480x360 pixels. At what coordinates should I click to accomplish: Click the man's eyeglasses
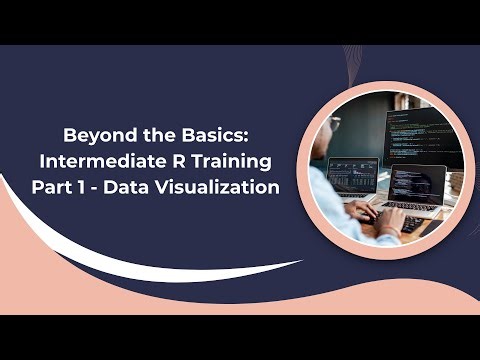335,124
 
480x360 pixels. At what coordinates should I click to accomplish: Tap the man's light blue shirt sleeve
335,205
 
